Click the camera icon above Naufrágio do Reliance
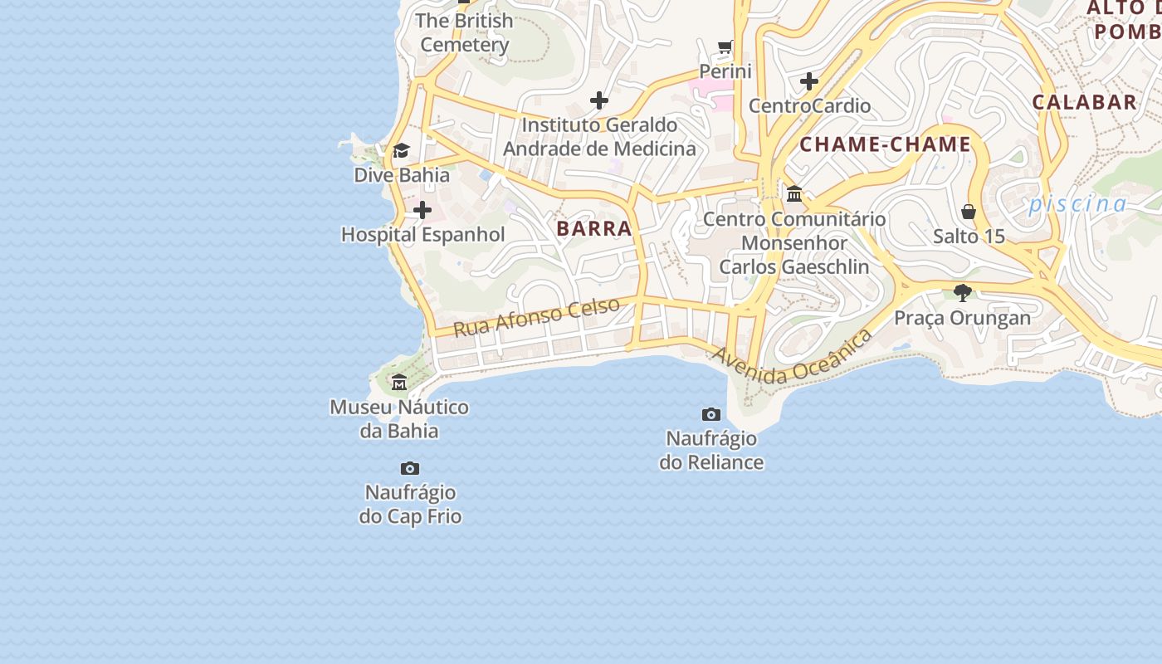click(x=711, y=414)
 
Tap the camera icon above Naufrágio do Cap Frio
click(x=410, y=469)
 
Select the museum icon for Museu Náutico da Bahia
click(x=399, y=383)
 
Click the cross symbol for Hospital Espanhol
click(x=422, y=210)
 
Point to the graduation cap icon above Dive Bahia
click(x=402, y=150)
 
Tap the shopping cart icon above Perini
click(x=726, y=46)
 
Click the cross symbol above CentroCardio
click(x=809, y=81)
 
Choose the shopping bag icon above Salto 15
click(x=969, y=212)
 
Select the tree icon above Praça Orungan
click(x=963, y=292)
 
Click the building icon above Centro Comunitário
click(x=795, y=194)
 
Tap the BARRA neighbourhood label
click(x=594, y=229)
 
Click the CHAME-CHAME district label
click(x=886, y=144)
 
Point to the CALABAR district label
click(x=1084, y=102)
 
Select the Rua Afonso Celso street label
click(x=537, y=316)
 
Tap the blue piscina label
click(x=1077, y=204)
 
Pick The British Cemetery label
click(x=465, y=32)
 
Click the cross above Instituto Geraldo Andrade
click(x=599, y=101)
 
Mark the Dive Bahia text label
click(x=402, y=175)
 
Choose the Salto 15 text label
click(x=969, y=237)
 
